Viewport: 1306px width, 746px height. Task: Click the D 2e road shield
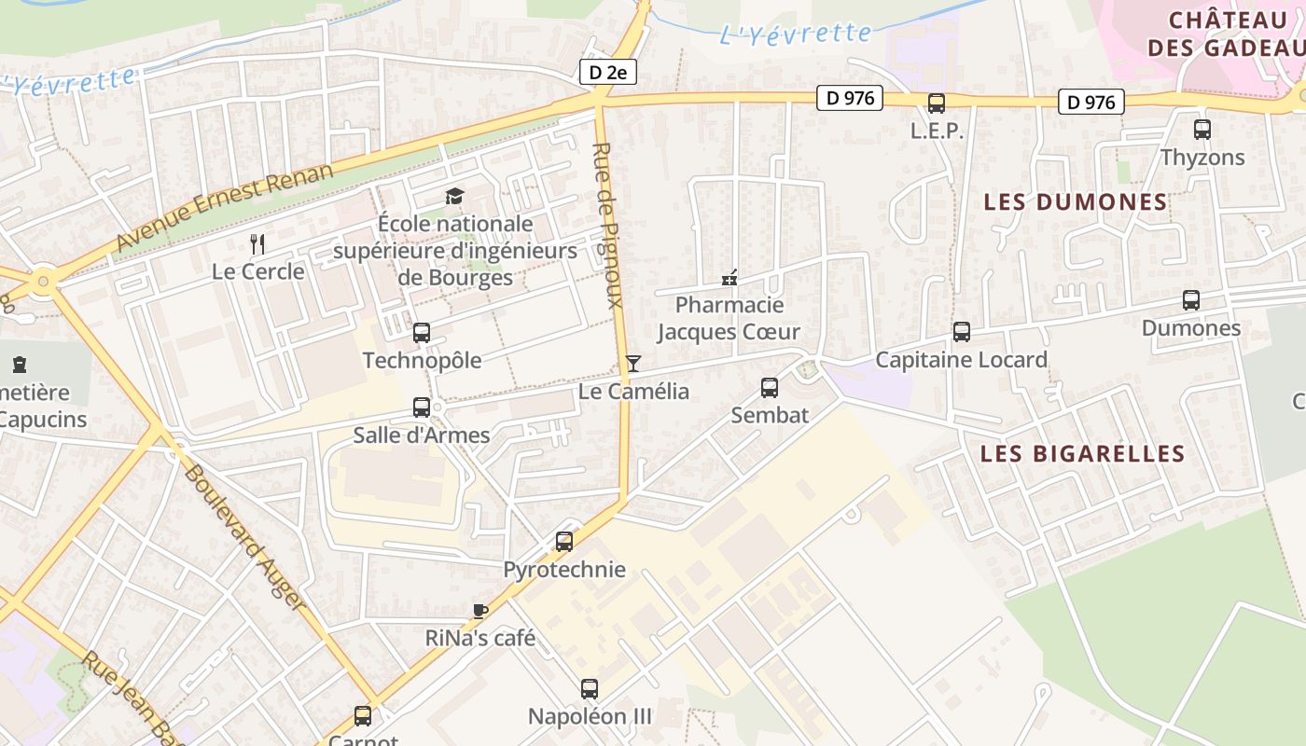click(x=608, y=72)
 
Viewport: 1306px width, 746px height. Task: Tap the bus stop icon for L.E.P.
click(x=937, y=104)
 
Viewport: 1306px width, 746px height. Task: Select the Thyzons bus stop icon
click(x=1202, y=130)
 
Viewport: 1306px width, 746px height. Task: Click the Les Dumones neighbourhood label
click(x=1076, y=201)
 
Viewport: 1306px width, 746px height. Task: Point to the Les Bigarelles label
click(x=1082, y=454)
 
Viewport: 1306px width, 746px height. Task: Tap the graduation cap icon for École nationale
click(x=454, y=196)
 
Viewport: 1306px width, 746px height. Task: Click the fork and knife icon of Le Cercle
click(x=258, y=244)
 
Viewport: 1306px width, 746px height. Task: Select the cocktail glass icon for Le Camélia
click(x=633, y=364)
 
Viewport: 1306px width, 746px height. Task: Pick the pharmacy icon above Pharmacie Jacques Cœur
click(x=729, y=278)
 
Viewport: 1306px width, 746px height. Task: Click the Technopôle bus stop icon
click(x=422, y=333)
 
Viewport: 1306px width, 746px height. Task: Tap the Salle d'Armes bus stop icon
click(x=422, y=408)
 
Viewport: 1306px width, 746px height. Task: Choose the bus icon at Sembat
click(x=770, y=387)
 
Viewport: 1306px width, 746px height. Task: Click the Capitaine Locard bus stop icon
click(x=962, y=332)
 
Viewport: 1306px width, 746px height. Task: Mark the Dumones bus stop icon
click(x=1191, y=300)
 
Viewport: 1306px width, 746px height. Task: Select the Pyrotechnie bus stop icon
click(x=564, y=542)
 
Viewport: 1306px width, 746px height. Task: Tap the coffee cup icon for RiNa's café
click(x=480, y=611)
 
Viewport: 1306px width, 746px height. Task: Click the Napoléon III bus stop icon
click(x=590, y=689)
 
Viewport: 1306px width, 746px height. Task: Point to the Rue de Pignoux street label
click(x=607, y=225)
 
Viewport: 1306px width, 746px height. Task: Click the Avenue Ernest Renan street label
click(x=224, y=207)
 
